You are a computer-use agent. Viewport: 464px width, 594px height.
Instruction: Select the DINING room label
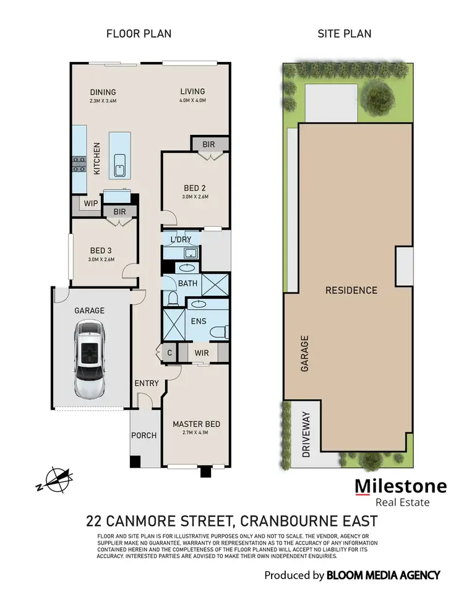coord(103,92)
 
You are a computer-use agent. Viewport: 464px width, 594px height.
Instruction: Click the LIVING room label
coord(192,92)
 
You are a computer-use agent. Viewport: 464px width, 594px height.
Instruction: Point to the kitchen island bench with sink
coord(120,155)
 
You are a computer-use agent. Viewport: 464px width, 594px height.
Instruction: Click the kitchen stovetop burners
coord(79,164)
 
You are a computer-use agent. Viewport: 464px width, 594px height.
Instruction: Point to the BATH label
coord(187,283)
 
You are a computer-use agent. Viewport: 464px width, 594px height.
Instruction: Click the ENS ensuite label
coord(198,322)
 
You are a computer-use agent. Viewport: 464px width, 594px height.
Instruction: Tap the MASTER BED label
coord(196,424)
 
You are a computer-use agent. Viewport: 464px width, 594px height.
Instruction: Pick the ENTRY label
coord(147,384)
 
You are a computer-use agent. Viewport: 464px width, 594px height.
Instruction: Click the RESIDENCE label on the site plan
coord(351,290)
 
